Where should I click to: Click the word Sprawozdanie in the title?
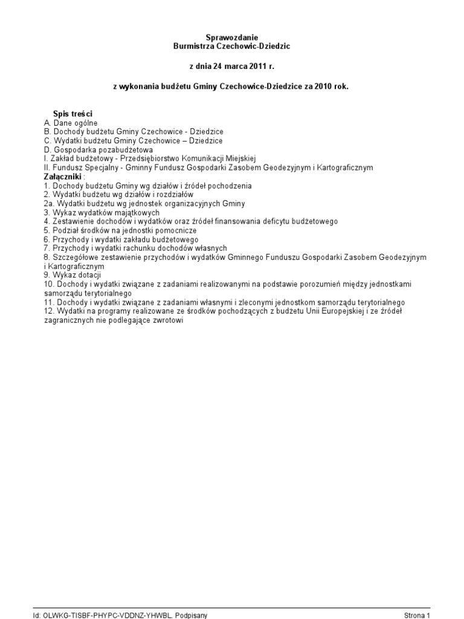tap(232, 38)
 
